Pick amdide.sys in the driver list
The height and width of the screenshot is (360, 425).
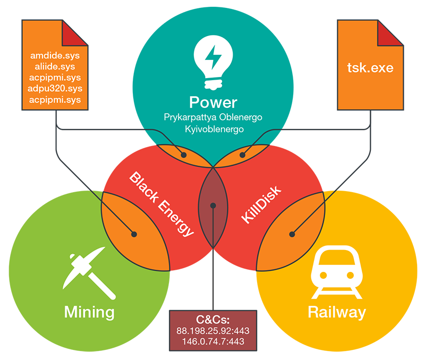[55, 55]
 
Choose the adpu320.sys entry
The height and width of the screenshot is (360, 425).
[55, 88]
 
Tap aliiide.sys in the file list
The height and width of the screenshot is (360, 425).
[55, 66]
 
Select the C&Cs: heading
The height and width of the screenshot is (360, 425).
[212, 320]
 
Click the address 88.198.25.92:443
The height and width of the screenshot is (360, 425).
[212, 331]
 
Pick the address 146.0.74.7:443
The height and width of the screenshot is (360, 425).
[212, 342]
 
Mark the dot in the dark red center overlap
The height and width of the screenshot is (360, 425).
[212, 205]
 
